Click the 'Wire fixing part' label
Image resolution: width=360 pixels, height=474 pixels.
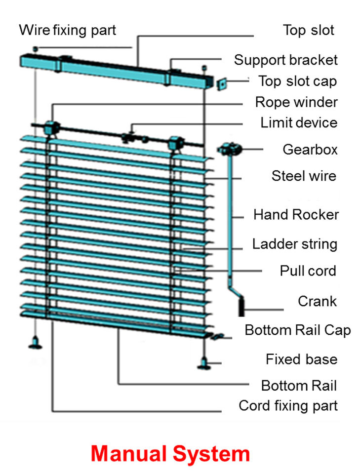(x=67, y=30)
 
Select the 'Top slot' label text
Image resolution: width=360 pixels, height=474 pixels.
(x=309, y=30)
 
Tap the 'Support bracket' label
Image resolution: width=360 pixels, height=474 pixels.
(x=286, y=60)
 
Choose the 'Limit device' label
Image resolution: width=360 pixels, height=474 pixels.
(x=299, y=122)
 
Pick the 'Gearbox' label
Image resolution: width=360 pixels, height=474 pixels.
(x=310, y=149)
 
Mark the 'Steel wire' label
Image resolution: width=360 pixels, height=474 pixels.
(x=304, y=176)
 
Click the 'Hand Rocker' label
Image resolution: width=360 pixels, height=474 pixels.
(x=296, y=215)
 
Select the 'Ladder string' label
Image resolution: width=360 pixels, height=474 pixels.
(x=295, y=243)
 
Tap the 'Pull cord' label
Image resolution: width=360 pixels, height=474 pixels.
(x=308, y=271)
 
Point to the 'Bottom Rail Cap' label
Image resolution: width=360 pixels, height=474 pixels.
(x=298, y=330)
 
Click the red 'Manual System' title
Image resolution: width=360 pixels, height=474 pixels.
(x=170, y=453)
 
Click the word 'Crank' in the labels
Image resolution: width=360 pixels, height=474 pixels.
(x=317, y=301)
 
